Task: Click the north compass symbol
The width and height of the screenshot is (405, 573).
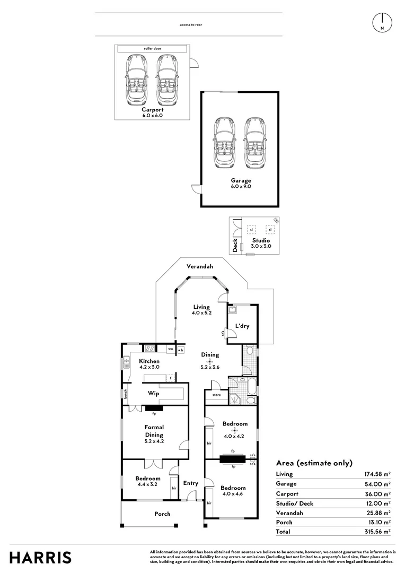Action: [x=382, y=22]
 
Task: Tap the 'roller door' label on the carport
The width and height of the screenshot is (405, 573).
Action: [x=152, y=49]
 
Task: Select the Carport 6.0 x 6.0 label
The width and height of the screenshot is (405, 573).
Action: [x=152, y=112]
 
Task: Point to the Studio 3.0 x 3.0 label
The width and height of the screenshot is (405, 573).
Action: [x=261, y=243]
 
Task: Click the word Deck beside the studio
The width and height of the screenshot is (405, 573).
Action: [x=235, y=245]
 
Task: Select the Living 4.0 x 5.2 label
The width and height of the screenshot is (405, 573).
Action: [x=201, y=310]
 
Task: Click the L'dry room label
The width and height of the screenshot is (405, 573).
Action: [x=242, y=326]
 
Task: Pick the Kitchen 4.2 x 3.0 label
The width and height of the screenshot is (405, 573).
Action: [x=149, y=364]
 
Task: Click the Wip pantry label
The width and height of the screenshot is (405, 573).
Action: [x=154, y=394]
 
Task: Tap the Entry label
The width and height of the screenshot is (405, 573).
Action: [x=190, y=483]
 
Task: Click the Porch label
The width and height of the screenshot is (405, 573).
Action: [x=162, y=514]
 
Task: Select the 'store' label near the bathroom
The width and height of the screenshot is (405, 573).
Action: [x=216, y=395]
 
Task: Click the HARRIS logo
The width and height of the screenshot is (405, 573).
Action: [x=41, y=558]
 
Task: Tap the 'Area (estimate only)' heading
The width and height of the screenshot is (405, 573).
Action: [x=314, y=463]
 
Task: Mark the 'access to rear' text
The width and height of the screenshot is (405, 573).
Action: [x=191, y=24]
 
